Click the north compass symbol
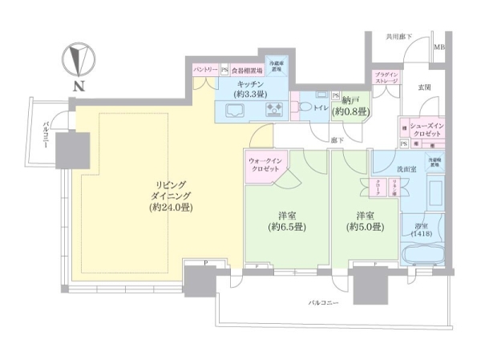[x=79, y=60]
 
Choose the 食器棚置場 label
[x=247, y=71]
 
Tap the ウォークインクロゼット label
[x=263, y=164]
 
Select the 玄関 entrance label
[x=423, y=87]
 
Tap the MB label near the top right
[x=439, y=47]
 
